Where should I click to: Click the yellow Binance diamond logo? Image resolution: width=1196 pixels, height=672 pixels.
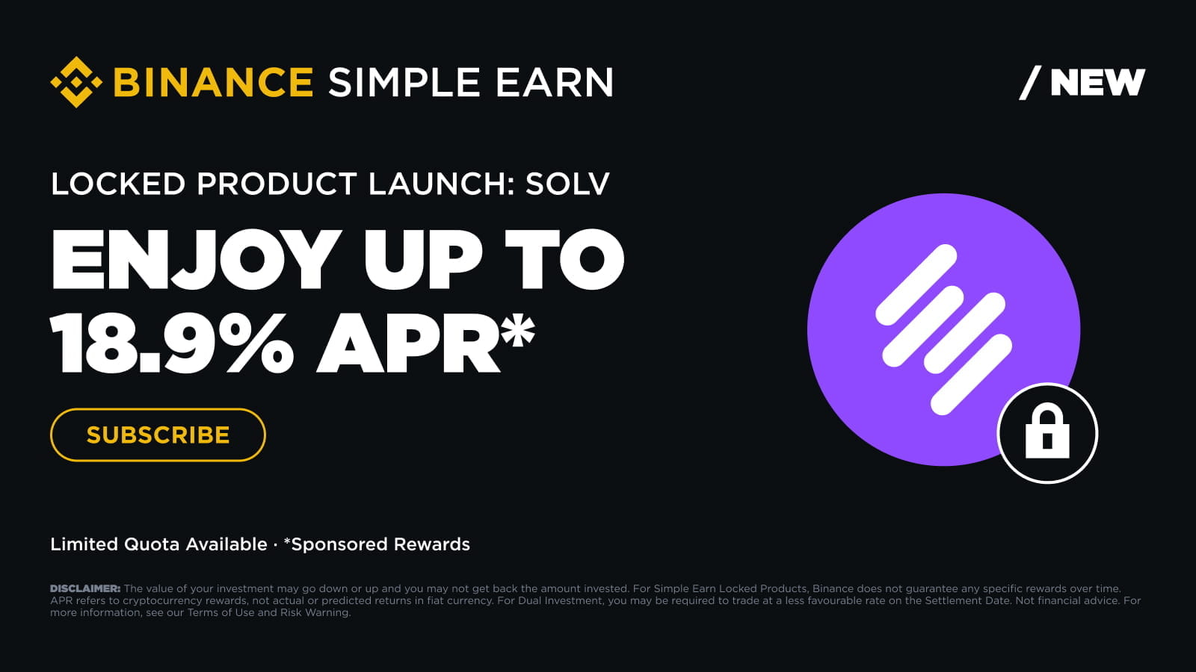click(76, 82)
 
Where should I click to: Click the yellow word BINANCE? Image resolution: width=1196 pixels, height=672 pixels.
click(213, 82)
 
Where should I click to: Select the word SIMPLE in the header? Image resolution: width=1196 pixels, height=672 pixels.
click(404, 82)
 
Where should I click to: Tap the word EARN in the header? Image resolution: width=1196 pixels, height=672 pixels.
click(555, 82)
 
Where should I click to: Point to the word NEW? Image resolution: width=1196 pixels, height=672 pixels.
click(1098, 82)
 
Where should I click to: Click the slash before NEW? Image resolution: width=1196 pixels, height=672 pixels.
click(1031, 83)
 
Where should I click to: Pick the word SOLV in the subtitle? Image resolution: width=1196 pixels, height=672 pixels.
click(567, 184)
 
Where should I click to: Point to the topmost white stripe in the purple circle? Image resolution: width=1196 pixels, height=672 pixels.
click(916, 284)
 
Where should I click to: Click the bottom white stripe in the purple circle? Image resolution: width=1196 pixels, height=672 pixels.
click(971, 374)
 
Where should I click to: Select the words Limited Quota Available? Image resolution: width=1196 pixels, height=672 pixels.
click(158, 544)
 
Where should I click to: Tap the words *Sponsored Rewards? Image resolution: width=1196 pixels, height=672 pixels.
click(377, 544)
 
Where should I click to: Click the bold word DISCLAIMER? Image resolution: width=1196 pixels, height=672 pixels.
click(85, 589)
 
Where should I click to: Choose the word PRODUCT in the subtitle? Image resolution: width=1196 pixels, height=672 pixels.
click(277, 184)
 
